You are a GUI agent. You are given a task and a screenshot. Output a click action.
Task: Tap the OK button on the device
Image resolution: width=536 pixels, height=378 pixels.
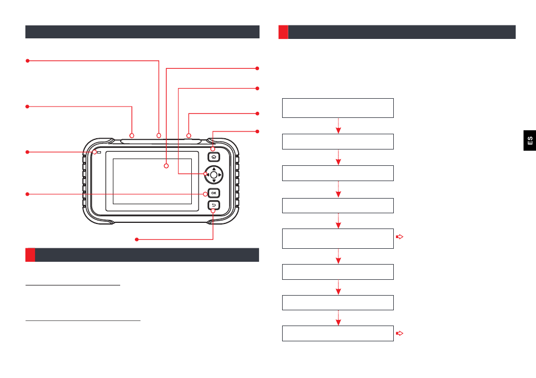214,193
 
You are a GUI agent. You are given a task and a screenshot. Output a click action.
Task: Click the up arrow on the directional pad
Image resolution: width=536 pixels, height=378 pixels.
213,169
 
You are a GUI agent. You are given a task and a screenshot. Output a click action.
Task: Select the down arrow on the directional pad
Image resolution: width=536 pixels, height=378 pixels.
213,181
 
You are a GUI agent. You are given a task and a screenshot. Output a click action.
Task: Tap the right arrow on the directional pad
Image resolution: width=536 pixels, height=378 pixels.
219,175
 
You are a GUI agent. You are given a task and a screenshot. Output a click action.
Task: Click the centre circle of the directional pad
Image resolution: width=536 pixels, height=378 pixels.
213,175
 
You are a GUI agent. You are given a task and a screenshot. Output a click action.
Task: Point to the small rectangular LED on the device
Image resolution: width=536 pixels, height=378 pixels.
100,152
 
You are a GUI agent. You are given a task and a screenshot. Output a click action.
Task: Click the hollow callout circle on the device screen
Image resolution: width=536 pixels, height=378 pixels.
166,166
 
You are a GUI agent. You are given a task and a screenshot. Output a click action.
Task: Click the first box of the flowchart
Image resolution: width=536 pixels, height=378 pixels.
337,107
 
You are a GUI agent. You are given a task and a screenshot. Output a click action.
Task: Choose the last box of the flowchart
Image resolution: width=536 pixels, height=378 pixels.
337,333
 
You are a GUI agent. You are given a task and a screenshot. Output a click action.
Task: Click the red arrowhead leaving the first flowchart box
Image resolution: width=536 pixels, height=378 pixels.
338,130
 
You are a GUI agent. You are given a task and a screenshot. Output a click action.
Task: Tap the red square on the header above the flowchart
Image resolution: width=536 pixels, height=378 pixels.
283,32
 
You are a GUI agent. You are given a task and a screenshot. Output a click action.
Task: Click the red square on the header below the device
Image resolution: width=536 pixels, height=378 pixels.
30,255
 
